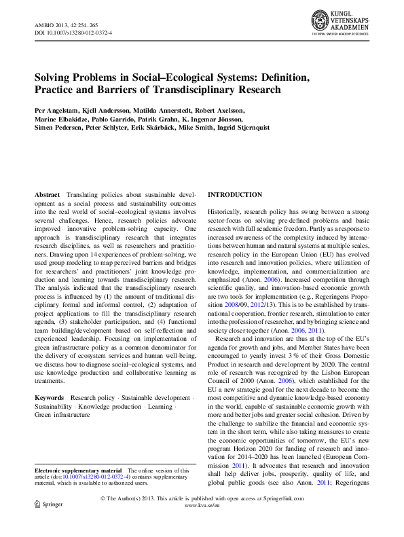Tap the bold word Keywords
click(50, 397)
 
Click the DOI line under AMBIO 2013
click(73, 33)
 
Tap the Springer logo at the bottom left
click(48, 506)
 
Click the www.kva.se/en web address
click(202, 506)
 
